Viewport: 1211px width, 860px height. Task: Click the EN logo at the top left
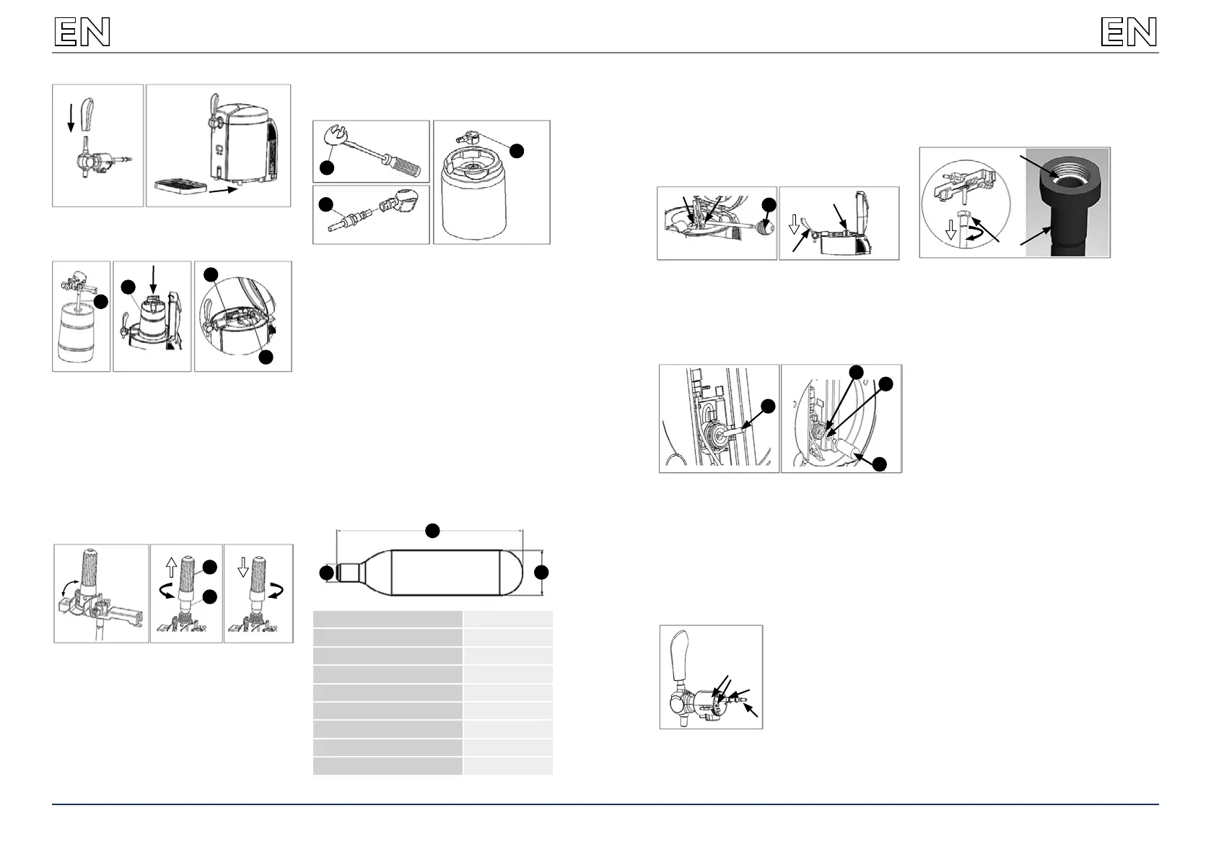pos(82,32)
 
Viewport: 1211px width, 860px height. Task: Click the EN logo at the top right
pos(1129,32)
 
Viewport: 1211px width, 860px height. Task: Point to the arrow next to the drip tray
pos(223,190)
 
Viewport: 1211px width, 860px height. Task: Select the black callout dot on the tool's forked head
pos(327,167)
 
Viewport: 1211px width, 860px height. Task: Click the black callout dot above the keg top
pos(516,150)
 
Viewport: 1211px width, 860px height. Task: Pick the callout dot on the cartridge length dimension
pos(432,531)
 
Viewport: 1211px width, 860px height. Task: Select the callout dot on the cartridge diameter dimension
pos(541,573)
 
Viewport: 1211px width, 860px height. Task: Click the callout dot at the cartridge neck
pos(327,573)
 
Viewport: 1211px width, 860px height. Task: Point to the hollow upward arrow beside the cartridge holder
pos(171,566)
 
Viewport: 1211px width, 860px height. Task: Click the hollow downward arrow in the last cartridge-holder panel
pos(243,566)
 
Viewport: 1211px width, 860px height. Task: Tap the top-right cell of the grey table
pos(508,619)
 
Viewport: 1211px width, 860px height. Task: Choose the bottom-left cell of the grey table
pos(388,766)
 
